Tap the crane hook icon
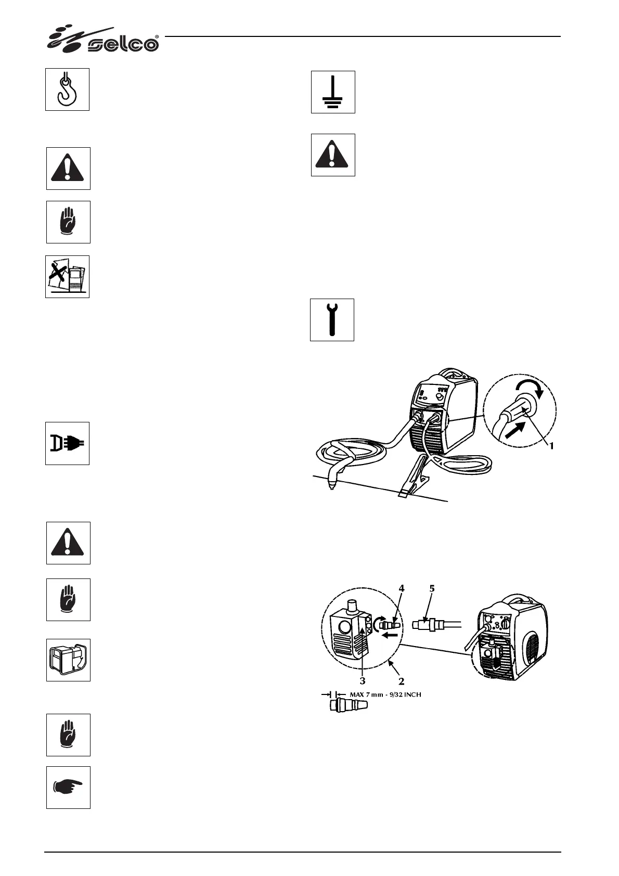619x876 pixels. [x=67, y=89]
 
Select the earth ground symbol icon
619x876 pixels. [x=333, y=92]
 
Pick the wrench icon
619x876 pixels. [x=332, y=320]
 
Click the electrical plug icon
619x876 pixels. [x=67, y=443]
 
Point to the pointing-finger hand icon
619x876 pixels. [x=68, y=787]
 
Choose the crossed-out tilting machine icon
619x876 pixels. [x=67, y=277]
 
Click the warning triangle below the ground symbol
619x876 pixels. [x=333, y=155]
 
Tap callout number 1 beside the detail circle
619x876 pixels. [x=552, y=446]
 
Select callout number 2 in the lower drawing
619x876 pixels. [x=401, y=680]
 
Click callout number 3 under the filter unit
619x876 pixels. [x=363, y=680]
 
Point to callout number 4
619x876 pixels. [x=401, y=589]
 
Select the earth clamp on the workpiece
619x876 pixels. [x=411, y=475]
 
